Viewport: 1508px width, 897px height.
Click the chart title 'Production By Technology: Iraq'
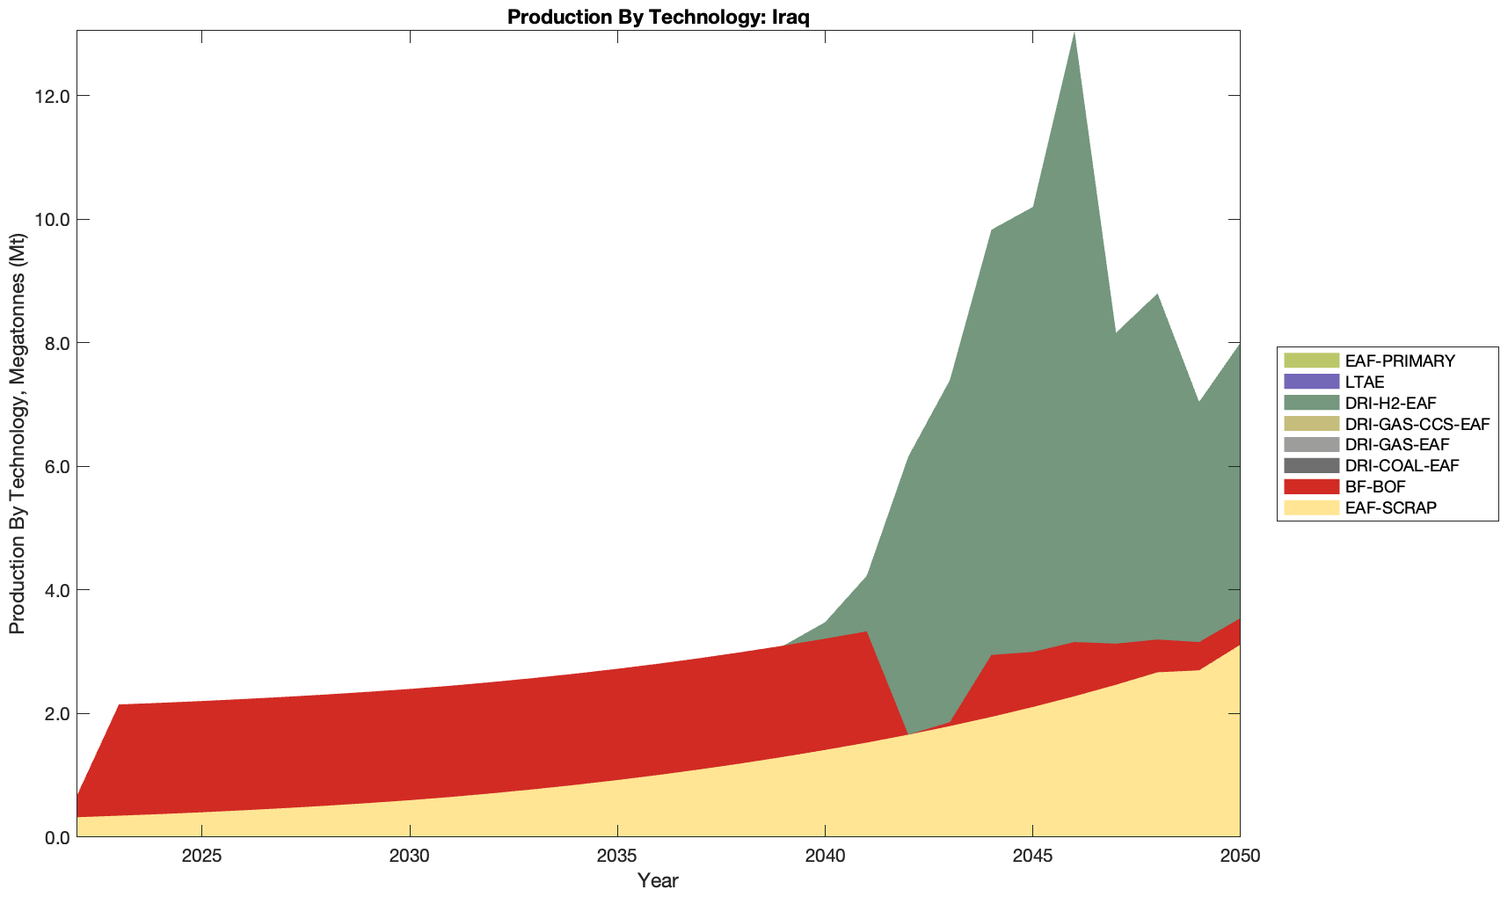pos(658,17)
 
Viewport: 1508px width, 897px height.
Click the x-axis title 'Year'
pos(658,880)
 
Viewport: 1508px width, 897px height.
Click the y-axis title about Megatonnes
pos(17,434)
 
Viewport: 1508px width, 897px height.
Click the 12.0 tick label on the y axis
pos(53,96)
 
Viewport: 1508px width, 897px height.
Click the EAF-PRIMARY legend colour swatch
pos(1310,361)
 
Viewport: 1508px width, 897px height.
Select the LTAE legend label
pos(1365,382)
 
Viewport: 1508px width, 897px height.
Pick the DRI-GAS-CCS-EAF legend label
pos(1417,424)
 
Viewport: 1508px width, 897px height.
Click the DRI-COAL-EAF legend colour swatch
pos(1310,465)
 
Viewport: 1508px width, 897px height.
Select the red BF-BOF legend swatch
pos(1310,486)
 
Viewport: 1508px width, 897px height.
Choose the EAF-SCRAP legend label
pos(1391,507)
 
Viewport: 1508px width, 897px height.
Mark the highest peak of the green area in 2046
pos(1074,33)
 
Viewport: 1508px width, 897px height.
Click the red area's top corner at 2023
pos(119,704)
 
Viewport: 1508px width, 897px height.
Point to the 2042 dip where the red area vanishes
pos(907,733)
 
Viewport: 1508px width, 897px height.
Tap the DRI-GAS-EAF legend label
pos(1397,445)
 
